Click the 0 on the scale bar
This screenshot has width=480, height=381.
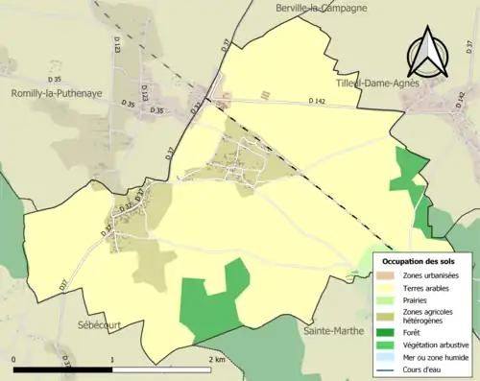point(13,359)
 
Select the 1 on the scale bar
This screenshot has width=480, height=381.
point(113,359)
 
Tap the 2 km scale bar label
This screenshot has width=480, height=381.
point(217,359)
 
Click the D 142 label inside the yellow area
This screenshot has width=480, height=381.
point(318,102)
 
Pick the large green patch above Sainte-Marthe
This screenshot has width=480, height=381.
point(212,300)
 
